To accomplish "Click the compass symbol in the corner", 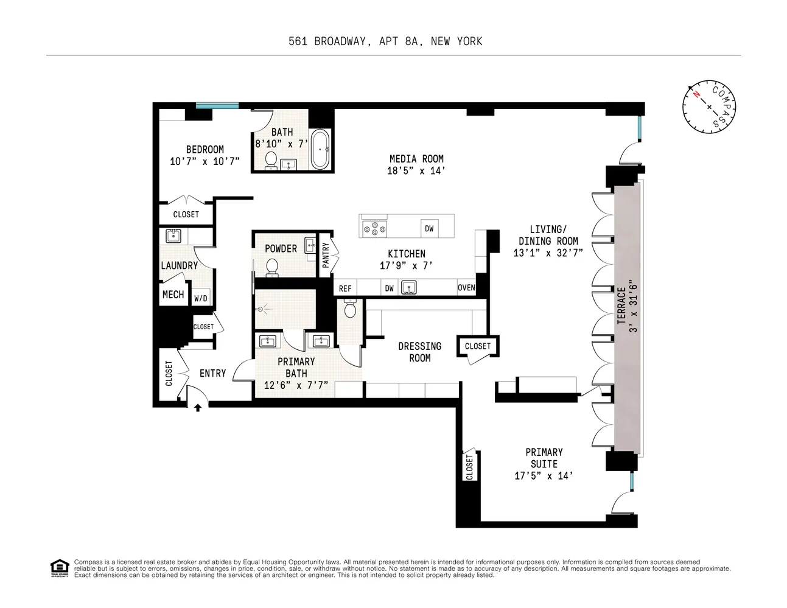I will pos(709,107).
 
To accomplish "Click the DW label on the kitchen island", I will pos(429,229).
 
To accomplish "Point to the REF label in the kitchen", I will pos(345,288).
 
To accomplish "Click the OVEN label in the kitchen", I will pos(466,288).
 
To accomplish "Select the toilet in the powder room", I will pos(272,267).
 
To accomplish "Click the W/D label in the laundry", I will pos(201,299).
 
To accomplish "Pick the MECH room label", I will pos(173,295).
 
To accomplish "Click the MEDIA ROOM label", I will pos(416,159).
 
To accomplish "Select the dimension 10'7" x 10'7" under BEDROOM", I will pos(205,161).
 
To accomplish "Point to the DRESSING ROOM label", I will pos(419,352).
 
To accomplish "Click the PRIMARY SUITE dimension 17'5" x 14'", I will pos(544,476).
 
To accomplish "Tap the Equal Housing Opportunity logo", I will pos(59,567).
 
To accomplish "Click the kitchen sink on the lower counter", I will pos(408,287).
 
